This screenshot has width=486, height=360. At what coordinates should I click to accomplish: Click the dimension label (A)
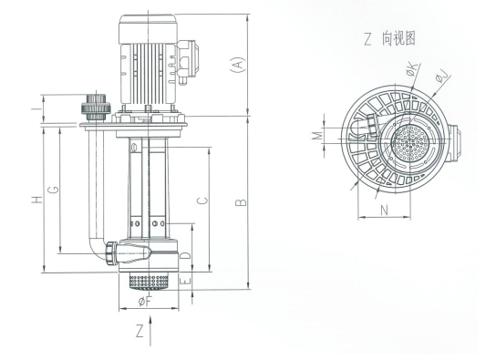pos(238,65)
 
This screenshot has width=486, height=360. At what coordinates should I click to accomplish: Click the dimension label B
pos(241,202)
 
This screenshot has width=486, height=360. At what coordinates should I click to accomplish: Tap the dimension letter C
pos(202,201)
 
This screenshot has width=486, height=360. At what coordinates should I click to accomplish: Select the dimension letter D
pos(185,255)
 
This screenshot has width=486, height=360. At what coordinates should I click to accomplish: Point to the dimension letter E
pos(185,281)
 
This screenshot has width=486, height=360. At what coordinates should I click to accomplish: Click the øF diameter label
pos(145,301)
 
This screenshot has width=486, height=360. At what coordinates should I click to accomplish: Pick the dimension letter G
pos(53,189)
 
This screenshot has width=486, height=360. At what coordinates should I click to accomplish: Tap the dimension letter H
pos(36,200)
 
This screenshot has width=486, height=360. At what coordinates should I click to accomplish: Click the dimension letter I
pos(36,109)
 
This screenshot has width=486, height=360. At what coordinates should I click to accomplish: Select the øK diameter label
pos(412,68)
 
